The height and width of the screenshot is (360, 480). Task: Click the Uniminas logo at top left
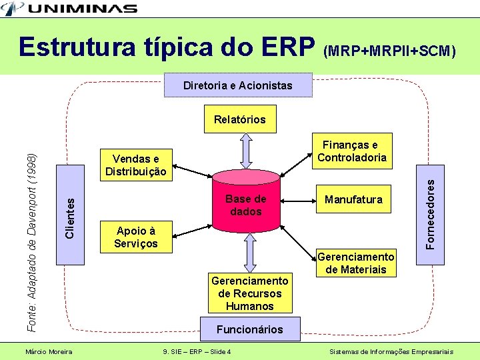[x=69, y=9]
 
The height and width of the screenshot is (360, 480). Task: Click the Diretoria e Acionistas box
[x=238, y=85]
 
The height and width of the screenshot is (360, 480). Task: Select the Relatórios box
[x=239, y=120]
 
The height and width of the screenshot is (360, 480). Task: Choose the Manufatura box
[x=353, y=199]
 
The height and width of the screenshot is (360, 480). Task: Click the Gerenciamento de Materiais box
[x=356, y=263]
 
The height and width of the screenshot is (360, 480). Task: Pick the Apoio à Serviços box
[x=136, y=237]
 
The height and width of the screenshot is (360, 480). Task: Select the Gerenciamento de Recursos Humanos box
[x=249, y=293]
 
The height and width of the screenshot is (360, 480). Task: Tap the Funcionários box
[x=249, y=329]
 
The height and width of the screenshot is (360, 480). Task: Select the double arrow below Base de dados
[x=249, y=253]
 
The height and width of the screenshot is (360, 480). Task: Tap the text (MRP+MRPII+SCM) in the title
[x=390, y=51]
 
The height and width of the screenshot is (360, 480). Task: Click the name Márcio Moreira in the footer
[x=49, y=351]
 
